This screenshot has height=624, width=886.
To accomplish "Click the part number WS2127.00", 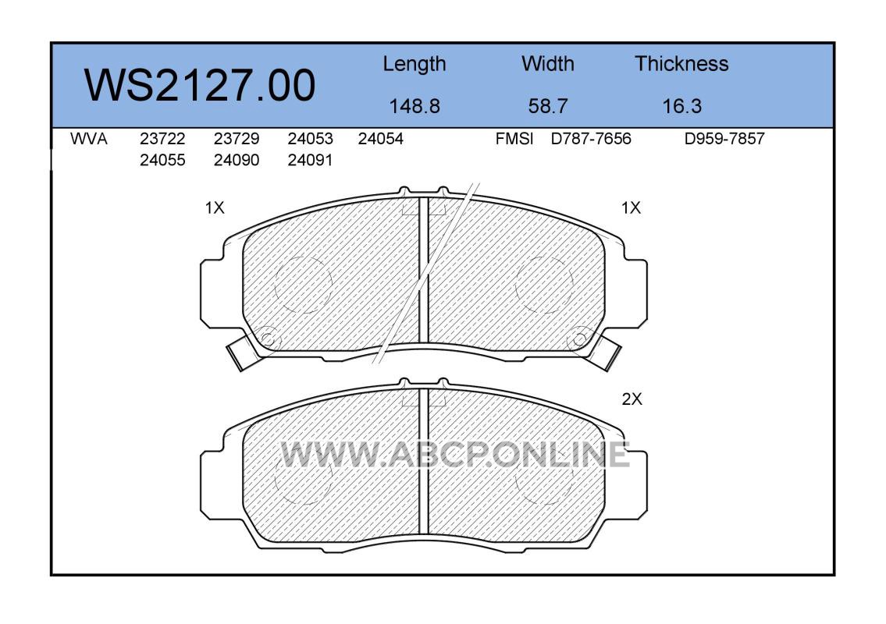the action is point(200,85).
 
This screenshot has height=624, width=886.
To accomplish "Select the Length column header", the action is point(415,65).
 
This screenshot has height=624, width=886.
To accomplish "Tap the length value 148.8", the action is point(415,106).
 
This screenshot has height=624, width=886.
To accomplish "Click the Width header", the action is point(547,64).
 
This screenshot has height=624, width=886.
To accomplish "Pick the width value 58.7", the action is point(547,106).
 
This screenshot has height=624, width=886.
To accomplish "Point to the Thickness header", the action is point(681,64).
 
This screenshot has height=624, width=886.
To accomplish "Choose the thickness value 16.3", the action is point(681,106).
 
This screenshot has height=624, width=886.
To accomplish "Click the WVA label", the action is point(89,139).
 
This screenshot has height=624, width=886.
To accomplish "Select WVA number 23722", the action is point(162,139).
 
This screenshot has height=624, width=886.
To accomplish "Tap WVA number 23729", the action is point(237,139).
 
